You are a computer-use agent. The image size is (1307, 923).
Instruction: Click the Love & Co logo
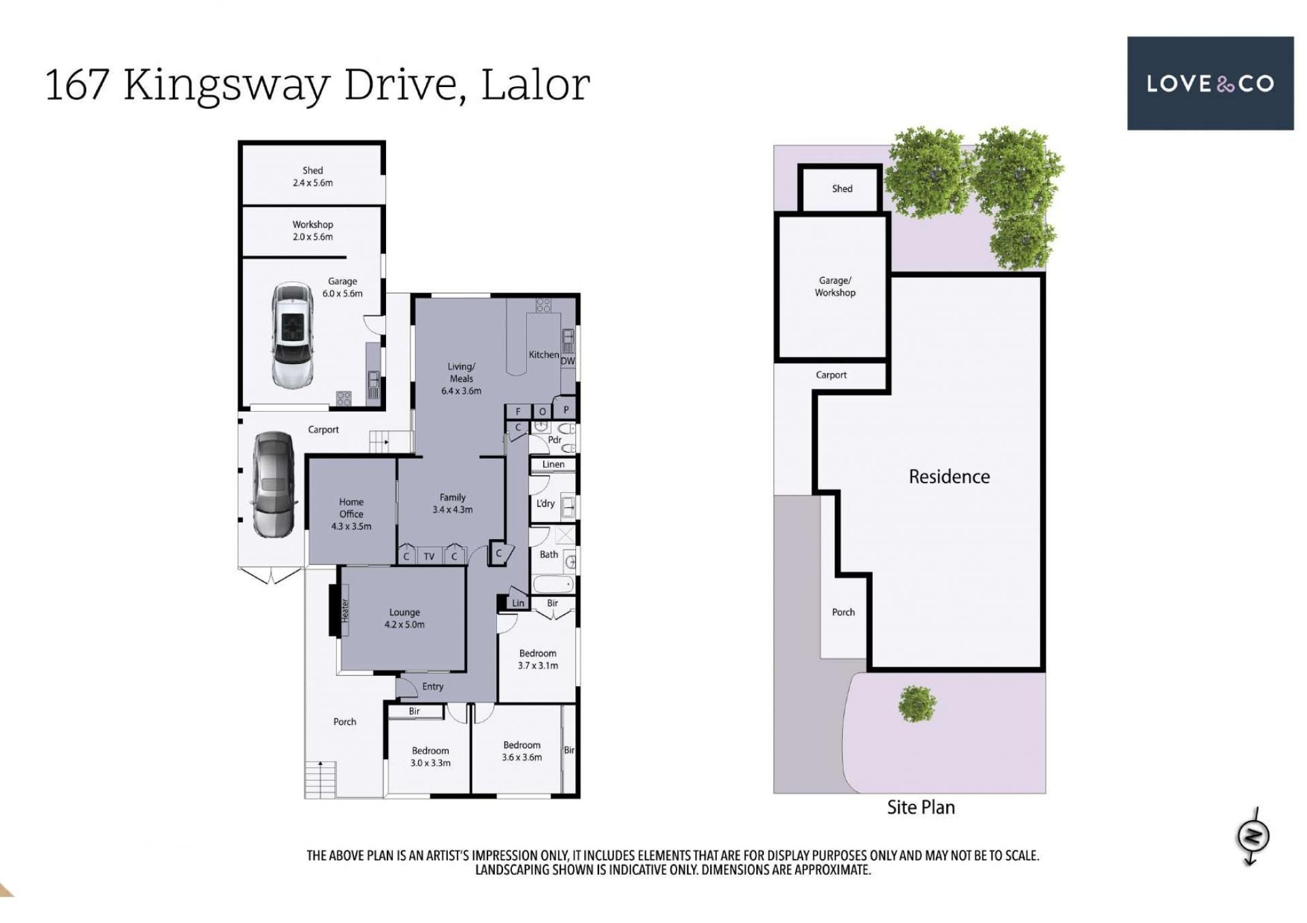click(x=1210, y=83)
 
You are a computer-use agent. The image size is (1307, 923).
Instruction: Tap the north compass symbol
click(x=1253, y=837)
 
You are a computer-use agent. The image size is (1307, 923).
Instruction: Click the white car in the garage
click(x=293, y=335)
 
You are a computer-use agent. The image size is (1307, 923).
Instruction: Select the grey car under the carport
click(x=274, y=484)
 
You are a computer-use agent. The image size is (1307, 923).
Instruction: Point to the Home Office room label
click(x=351, y=514)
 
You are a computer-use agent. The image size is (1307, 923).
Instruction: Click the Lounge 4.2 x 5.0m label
click(x=404, y=618)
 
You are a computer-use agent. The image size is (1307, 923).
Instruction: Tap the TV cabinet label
click(x=429, y=556)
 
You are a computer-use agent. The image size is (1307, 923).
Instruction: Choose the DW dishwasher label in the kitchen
click(x=568, y=361)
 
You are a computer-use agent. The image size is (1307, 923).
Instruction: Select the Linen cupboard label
click(x=553, y=464)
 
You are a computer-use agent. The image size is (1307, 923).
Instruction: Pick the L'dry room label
click(x=545, y=504)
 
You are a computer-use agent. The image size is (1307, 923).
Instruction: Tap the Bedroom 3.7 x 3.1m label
click(x=538, y=659)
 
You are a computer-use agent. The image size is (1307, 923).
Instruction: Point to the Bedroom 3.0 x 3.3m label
click(x=430, y=756)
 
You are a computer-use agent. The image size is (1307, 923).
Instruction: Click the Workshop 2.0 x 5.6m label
click(x=313, y=230)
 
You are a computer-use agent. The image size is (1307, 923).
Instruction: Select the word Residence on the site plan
click(x=949, y=476)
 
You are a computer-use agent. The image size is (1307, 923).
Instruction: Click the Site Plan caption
click(x=920, y=807)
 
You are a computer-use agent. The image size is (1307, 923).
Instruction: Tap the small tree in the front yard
click(x=917, y=704)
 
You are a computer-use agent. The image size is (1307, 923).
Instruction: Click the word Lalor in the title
click(x=535, y=85)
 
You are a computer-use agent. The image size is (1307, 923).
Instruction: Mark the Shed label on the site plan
click(x=842, y=189)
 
